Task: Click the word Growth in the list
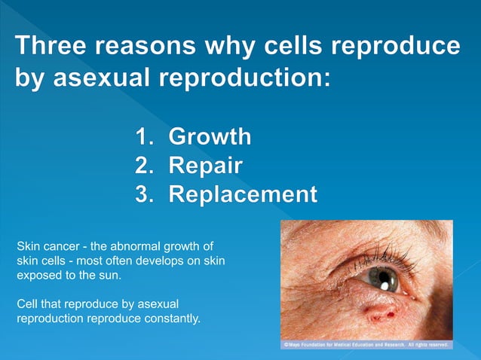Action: pos(210,137)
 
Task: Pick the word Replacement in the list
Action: pos(242,194)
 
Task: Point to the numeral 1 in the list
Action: pos(142,137)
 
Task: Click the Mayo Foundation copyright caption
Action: pos(366,345)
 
